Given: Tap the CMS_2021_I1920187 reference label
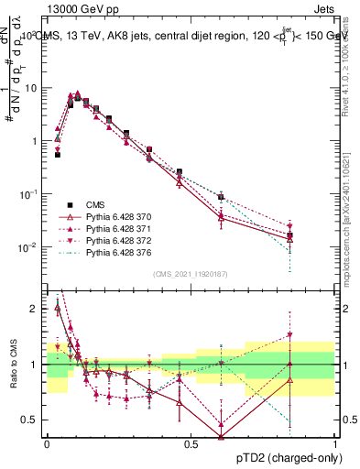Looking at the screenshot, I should tap(190, 274).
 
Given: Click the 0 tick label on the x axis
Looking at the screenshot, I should tap(47, 442).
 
